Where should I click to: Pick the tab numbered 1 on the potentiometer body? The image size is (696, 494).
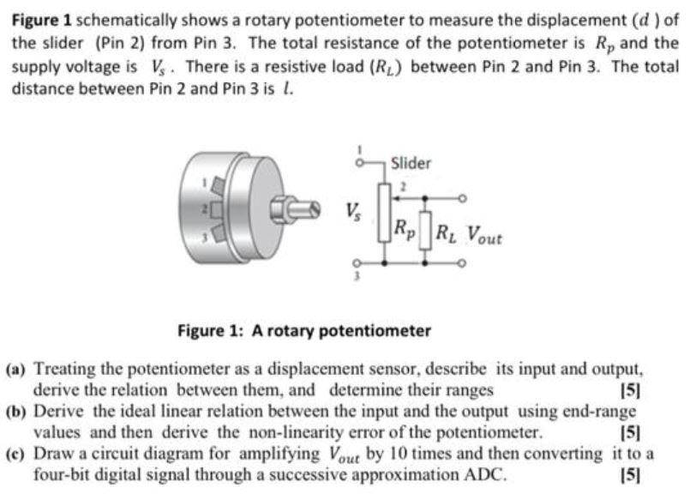pyautogui.click(x=217, y=183)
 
